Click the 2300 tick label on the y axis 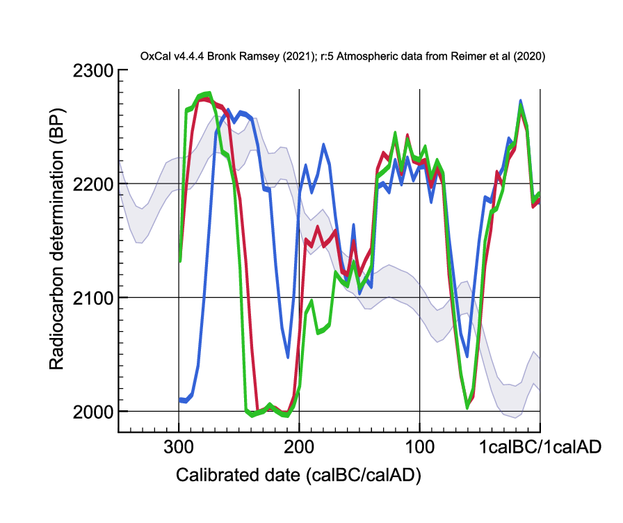point(92,70)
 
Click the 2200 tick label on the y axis point(92,184)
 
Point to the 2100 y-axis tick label point(92,298)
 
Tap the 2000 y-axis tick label point(92,412)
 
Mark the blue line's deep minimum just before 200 point(288,357)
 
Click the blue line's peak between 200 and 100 point(323,145)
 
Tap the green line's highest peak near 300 point(209,93)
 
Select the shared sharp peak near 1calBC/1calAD point(520,102)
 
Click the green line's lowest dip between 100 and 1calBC point(467,408)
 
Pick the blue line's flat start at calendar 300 point(183,400)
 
